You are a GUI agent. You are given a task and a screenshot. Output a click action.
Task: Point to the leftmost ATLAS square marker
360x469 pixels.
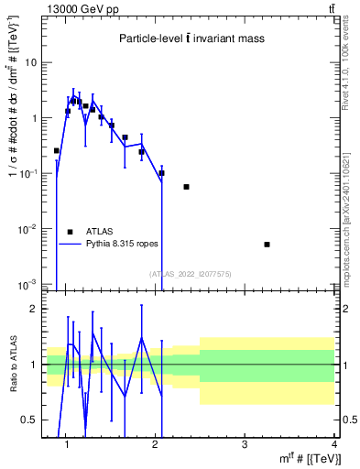click(57, 150)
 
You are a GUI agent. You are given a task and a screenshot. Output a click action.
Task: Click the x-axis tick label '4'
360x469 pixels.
click(334, 445)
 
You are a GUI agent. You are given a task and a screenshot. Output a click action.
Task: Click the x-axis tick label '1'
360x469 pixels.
click(66, 445)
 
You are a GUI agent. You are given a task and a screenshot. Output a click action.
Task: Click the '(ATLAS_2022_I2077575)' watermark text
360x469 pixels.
click(190, 273)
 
